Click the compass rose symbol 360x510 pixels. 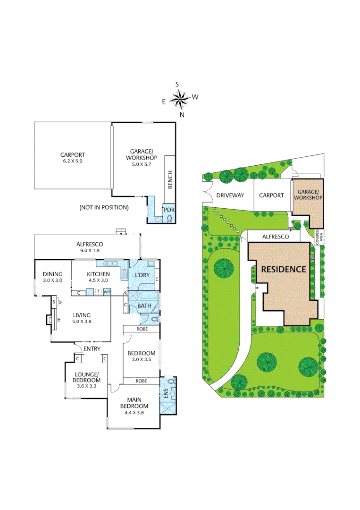point(180,99)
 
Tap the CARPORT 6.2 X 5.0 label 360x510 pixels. point(72,158)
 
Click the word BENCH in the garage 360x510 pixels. point(170,180)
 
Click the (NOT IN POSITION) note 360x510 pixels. point(104,207)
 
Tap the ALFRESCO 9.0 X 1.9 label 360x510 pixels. point(90,247)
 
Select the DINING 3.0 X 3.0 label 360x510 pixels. point(52,277)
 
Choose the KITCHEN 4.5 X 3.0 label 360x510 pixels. point(98,277)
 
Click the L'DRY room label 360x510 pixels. point(142,275)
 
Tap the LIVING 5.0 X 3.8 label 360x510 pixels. point(81,318)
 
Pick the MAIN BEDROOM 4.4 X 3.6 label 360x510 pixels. point(134,409)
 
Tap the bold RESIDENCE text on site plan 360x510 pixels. point(284,269)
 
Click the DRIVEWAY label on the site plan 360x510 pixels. point(230,195)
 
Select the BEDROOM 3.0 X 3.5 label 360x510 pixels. point(142,356)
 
